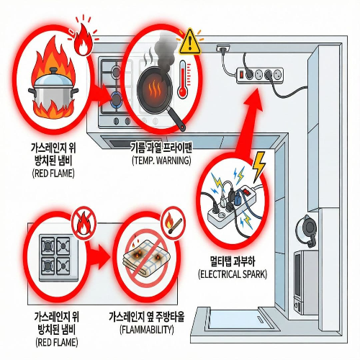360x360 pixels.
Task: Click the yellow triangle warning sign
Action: point(190,42)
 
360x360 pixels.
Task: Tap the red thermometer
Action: point(184,79)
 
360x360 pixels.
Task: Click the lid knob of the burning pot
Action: point(53,71)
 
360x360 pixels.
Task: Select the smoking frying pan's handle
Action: point(176,119)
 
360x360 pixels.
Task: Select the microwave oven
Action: point(306,282)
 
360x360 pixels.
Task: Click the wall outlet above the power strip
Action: point(223,48)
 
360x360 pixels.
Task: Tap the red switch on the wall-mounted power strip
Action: point(241,74)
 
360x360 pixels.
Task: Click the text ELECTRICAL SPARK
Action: point(233,274)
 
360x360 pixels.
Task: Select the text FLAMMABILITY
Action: point(147,330)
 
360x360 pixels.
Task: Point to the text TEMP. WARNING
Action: point(161,160)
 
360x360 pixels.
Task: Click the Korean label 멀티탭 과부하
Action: point(233,261)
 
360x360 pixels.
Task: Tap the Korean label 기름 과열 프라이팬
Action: point(161,147)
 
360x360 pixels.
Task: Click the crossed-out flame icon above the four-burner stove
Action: point(84,222)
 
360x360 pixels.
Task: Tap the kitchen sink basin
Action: point(238,319)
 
